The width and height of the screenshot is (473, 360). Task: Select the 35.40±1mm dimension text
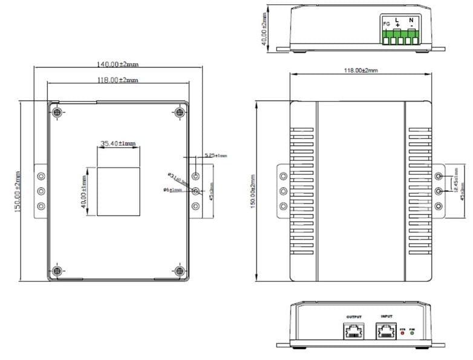pyautogui.click(x=118, y=143)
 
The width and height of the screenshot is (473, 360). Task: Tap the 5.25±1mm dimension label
pyautogui.click(x=215, y=155)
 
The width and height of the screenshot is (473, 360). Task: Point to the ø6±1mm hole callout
pyautogui.click(x=173, y=190)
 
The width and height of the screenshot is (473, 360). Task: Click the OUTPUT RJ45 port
pyautogui.click(x=354, y=330)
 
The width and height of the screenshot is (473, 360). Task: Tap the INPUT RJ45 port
pyautogui.click(x=387, y=330)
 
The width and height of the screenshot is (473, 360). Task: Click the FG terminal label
pyautogui.click(x=387, y=24)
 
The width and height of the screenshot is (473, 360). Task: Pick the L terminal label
pyautogui.click(x=397, y=19)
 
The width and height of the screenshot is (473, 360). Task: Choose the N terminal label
pyautogui.click(x=411, y=19)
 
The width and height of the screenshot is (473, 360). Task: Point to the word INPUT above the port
pyautogui.click(x=387, y=316)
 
